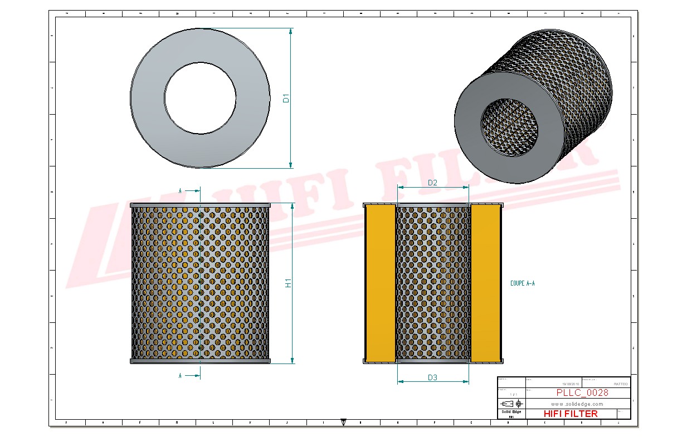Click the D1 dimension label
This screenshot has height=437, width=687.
coord(286,99)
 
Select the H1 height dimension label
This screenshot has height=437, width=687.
coord(288,283)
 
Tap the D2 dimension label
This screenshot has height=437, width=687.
coord(432,183)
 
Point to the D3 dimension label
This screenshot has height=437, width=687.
coord(432,377)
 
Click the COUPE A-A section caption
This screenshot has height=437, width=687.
coord(522,283)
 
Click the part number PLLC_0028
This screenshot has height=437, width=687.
coord(582,392)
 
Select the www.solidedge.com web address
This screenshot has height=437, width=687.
coord(577,404)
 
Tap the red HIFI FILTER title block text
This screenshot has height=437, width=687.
coord(570,414)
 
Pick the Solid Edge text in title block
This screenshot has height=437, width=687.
coord(511,412)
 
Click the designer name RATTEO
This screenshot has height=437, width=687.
coord(620,384)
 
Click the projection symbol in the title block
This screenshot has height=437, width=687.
coord(511,403)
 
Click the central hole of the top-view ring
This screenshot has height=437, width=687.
coord(200,98)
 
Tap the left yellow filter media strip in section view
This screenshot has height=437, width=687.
coord(379,283)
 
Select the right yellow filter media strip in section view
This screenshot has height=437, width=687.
coord(485,283)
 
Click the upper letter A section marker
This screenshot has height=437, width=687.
coord(180,191)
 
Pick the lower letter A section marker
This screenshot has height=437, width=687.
coord(180,376)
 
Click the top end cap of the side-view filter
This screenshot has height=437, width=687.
coord(200,205)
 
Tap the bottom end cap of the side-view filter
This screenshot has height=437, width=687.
coord(200,361)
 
